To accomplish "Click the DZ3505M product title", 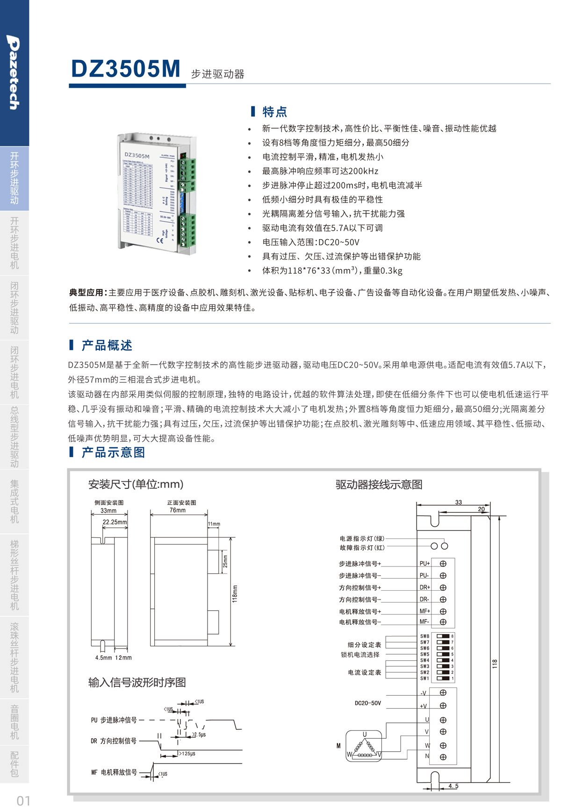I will pyautogui.click(x=125, y=69).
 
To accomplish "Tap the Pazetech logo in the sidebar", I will pyautogui.click(x=14, y=73).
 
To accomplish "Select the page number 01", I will pyautogui.click(x=23, y=801).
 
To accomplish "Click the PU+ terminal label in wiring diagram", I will pyautogui.click(x=424, y=564).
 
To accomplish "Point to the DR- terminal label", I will pyautogui.click(x=424, y=599).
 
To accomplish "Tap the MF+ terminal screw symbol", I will pyautogui.click(x=443, y=611).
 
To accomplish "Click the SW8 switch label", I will pyautogui.click(x=424, y=636).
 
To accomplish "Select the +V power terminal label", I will pyautogui.click(x=423, y=706).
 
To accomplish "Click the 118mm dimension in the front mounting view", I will pyautogui.click(x=235, y=593).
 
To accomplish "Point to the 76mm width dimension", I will pyautogui.click(x=178, y=510).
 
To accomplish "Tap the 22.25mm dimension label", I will pyautogui.click(x=115, y=522).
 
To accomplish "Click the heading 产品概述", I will pyautogui.click(x=107, y=346).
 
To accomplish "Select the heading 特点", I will pyautogui.click(x=274, y=112).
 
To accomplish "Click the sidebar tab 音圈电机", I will pyautogui.click(x=14, y=722).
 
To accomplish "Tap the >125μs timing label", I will pyautogui.click(x=187, y=754).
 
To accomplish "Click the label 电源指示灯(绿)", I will pyautogui.click(x=362, y=538).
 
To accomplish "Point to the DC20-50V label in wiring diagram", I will pyautogui.click(x=368, y=703).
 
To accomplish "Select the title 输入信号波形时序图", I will pyautogui.click(x=137, y=683).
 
